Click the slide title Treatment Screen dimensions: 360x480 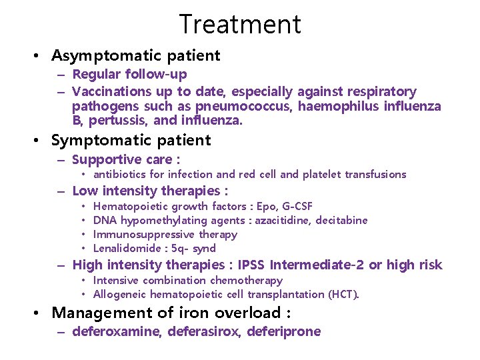coord(240,24)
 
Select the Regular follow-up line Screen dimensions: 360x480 coord(129,74)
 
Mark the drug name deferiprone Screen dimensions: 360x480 coord(283,331)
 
